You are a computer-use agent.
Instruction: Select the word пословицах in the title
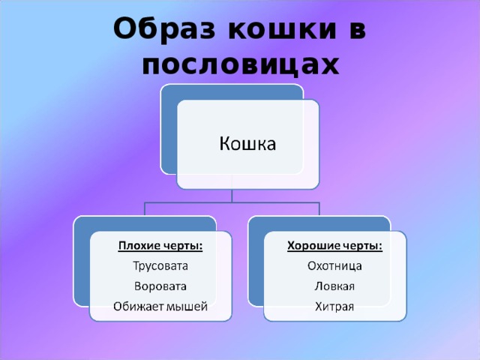(x=240, y=65)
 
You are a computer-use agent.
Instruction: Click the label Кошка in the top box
(x=247, y=142)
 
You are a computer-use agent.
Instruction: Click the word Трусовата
(x=160, y=265)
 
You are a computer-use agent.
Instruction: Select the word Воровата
(x=160, y=286)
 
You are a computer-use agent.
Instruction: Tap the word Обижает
(x=138, y=305)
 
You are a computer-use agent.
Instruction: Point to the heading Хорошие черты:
(x=335, y=245)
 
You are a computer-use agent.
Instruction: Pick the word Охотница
(x=335, y=265)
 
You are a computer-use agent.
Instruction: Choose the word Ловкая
(x=335, y=286)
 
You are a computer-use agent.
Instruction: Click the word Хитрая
(x=335, y=305)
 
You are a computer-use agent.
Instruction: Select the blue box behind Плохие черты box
(x=82, y=262)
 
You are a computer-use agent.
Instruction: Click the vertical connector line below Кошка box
(x=232, y=195)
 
